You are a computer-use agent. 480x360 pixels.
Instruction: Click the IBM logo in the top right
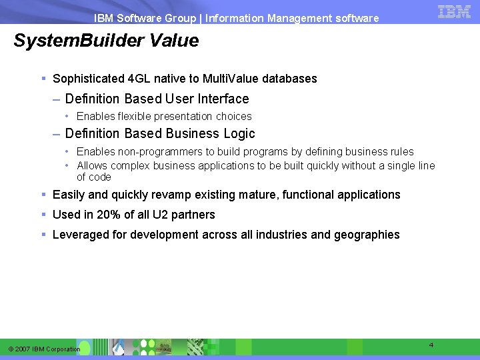(x=455, y=11)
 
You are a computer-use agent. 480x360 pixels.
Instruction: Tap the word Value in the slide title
(x=174, y=41)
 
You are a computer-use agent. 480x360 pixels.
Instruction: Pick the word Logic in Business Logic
(x=238, y=133)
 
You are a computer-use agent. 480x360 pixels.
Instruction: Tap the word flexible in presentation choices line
(x=137, y=116)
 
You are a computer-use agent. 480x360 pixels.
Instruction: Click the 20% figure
(x=107, y=215)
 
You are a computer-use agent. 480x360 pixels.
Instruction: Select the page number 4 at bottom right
(x=431, y=345)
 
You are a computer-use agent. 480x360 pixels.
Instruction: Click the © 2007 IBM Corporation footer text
(x=44, y=349)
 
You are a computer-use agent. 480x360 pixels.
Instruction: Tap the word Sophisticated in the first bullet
(x=88, y=79)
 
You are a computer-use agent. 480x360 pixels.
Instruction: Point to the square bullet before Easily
(x=43, y=195)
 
